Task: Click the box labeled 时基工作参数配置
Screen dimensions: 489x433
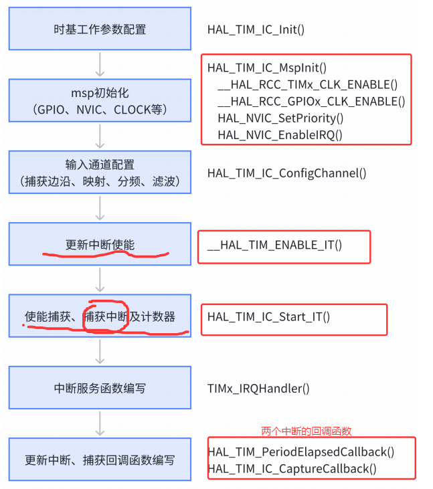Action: [x=100, y=29]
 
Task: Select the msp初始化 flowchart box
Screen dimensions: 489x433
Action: [x=100, y=100]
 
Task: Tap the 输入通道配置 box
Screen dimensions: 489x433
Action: [x=100, y=173]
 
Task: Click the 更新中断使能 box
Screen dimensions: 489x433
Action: [x=100, y=245]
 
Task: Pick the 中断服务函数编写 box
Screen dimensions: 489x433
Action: [x=100, y=388]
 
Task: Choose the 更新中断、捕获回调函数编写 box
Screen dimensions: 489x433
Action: [x=100, y=460]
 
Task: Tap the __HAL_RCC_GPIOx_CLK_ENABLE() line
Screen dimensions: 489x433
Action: [x=311, y=102]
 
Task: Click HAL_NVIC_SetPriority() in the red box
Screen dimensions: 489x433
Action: [x=280, y=118]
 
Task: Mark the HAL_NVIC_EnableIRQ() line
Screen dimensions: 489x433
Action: [x=280, y=135]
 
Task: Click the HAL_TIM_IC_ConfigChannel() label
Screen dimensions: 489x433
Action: [x=287, y=173]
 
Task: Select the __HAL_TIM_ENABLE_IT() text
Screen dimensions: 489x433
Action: [x=274, y=245]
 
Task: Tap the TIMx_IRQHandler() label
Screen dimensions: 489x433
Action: [x=259, y=388]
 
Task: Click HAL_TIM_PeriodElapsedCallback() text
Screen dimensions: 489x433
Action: [x=301, y=452]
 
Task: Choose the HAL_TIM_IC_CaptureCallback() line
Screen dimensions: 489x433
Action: [x=292, y=469]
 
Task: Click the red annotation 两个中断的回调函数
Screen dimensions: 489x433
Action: [x=306, y=431]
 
